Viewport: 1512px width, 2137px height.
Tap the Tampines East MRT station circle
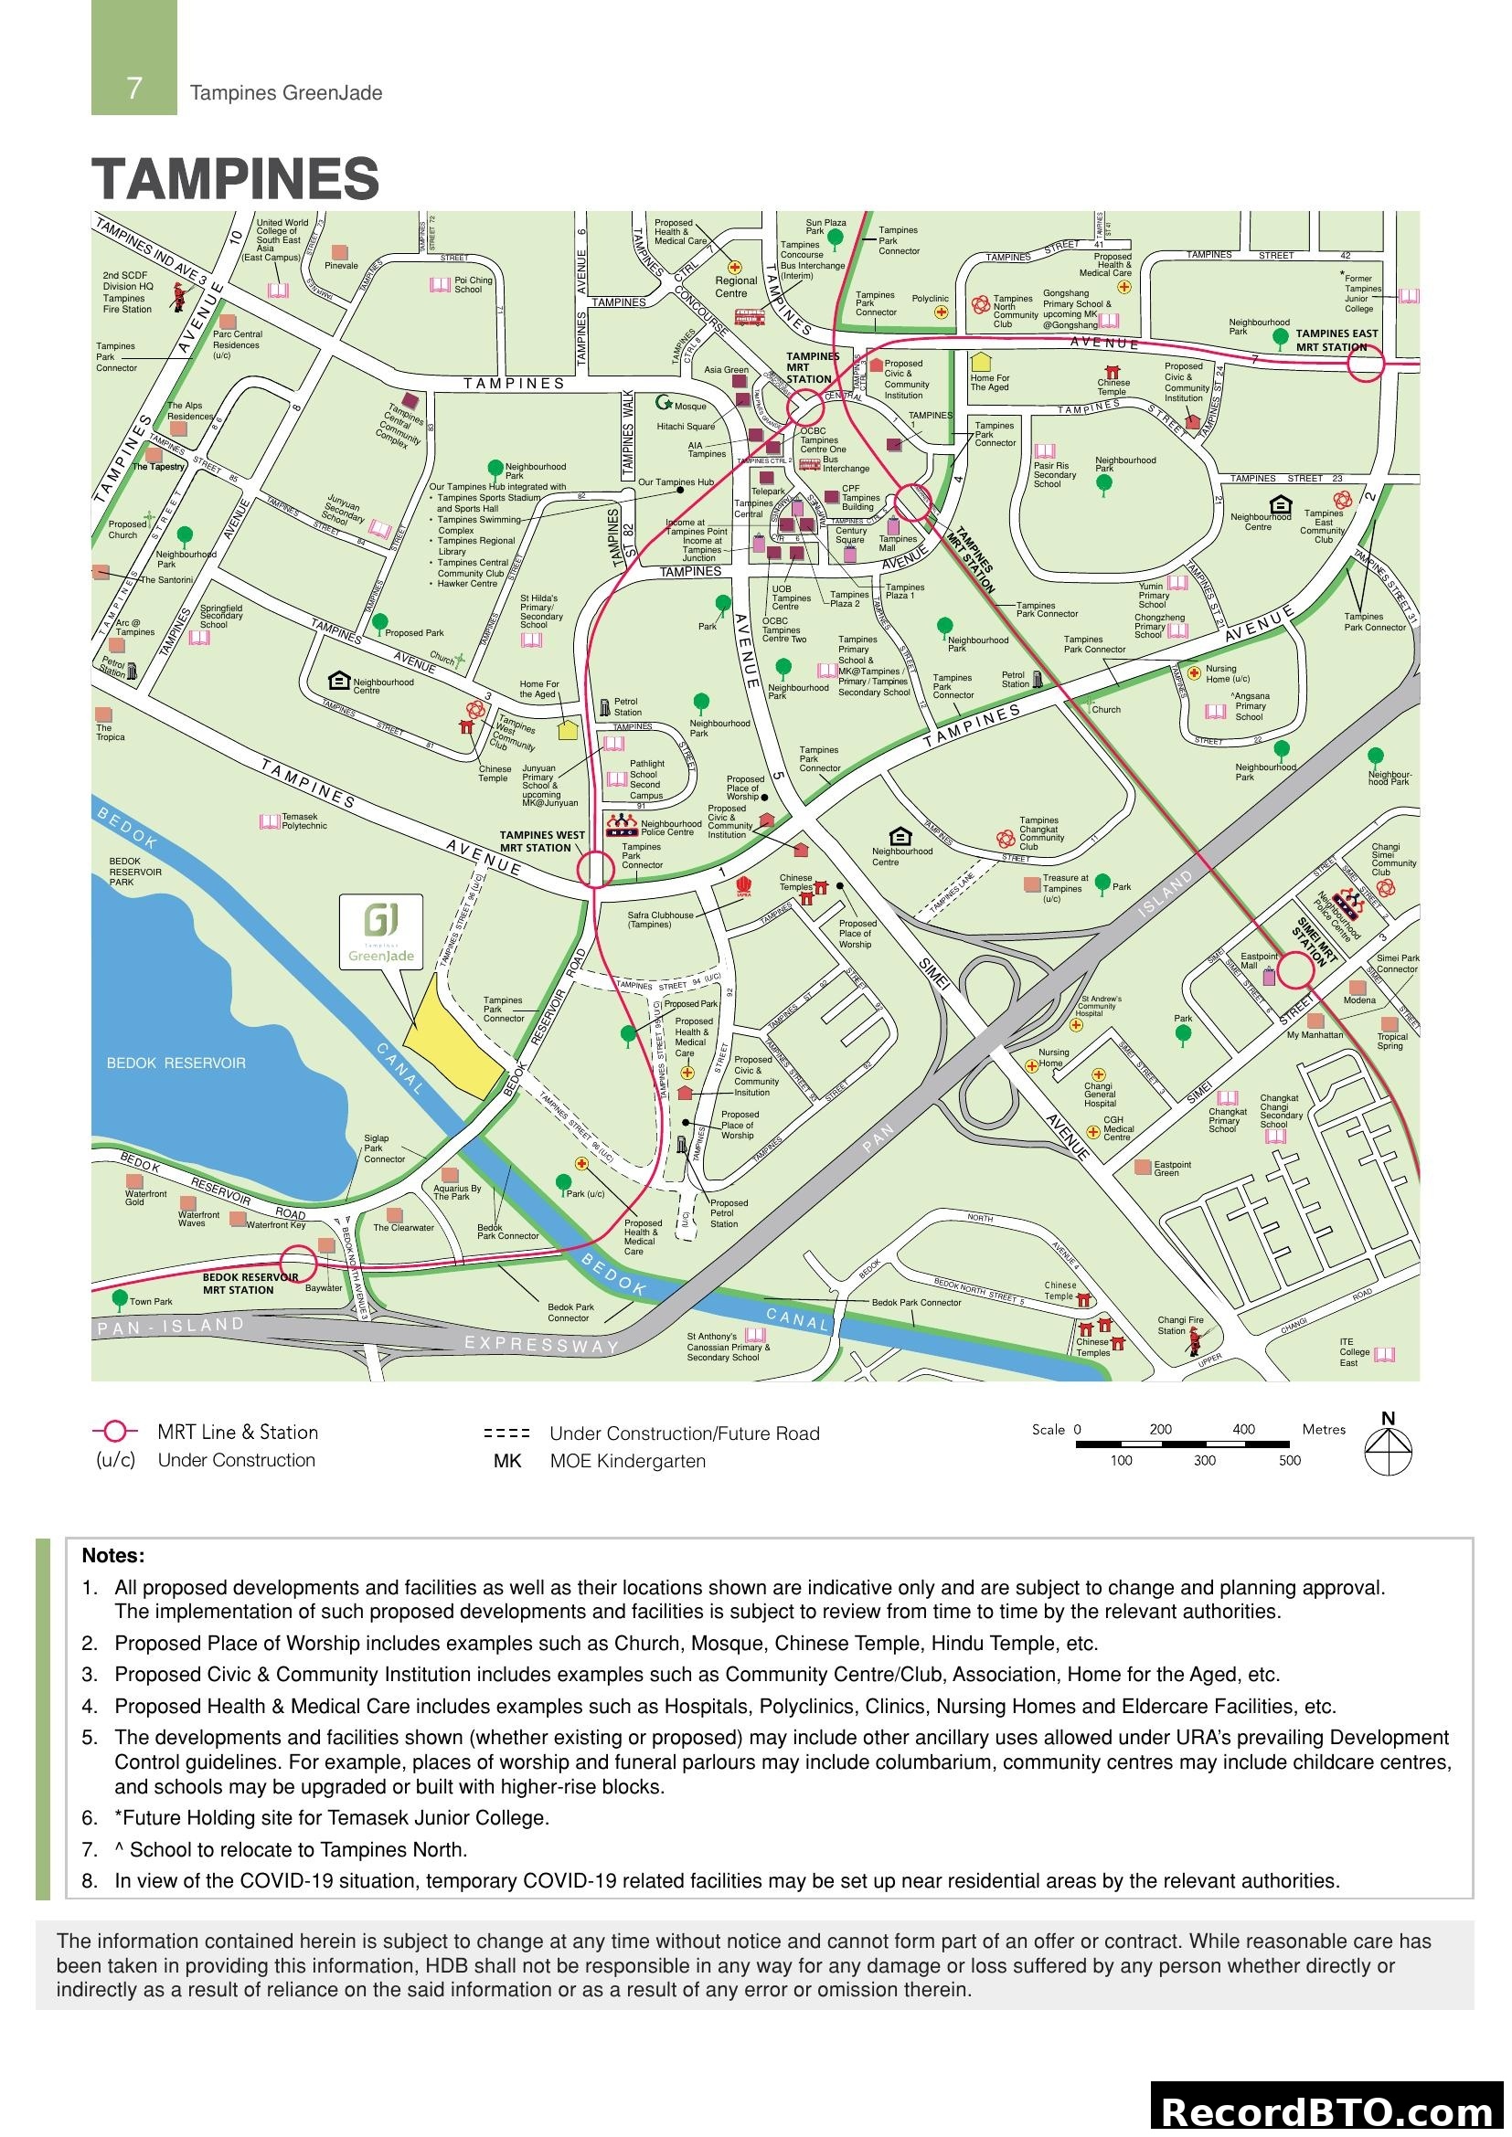(1365, 364)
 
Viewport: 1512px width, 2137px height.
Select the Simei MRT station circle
(1294, 970)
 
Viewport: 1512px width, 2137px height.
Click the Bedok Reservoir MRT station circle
(299, 1264)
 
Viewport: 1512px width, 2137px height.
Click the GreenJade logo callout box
(381, 932)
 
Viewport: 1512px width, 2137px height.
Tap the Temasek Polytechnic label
(303, 821)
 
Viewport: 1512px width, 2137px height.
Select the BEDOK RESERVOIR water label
(176, 1063)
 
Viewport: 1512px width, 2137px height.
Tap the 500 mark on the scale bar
(1289, 1460)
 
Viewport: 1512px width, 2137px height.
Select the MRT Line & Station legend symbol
(114, 1431)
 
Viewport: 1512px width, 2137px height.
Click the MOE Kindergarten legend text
(626, 1461)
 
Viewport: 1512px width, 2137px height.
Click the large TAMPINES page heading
(236, 179)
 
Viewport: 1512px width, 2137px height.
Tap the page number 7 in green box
(134, 89)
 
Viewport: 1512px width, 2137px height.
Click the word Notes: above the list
(112, 1555)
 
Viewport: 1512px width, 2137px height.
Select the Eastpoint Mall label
(1259, 960)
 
